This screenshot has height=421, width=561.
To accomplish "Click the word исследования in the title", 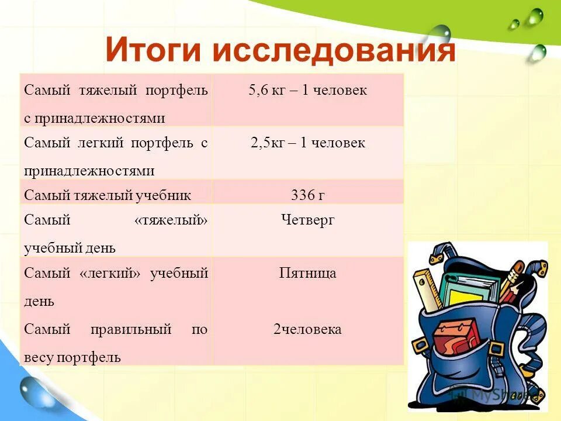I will [x=333, y=51].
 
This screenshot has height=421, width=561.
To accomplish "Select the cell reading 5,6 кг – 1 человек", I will [x=307, y=90].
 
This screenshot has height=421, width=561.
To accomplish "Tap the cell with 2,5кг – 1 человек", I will [x=307, y=143].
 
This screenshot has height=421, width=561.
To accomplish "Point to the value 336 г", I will [x=307, y=195].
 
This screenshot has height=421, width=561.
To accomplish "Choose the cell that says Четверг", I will [x=307, y=220].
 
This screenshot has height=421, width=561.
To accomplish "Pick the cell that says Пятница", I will [x=307, y=273].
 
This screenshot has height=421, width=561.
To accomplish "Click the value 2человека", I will [x=307, y=329].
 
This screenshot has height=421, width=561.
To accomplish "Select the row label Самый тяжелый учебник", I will [x=108, y=195].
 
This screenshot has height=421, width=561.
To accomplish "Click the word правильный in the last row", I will [x=131, y=329].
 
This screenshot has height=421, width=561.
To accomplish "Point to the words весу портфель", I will [x=72, y=357].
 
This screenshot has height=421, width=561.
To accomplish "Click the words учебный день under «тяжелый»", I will [x=70, y=247].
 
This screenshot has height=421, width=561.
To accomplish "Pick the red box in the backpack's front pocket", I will [x=456, y=339].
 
